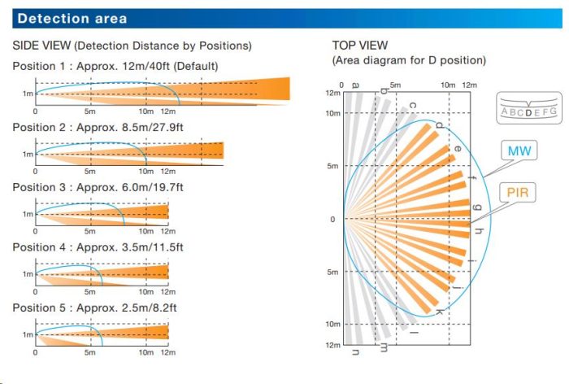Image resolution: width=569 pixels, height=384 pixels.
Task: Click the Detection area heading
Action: (x=72, y=18)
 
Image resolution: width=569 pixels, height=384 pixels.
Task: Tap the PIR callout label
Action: (x=517, y=193)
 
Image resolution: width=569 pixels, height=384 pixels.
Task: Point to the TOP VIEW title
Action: (x=360, y=46)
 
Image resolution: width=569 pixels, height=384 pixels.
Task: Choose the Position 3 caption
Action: (x=98, y=186)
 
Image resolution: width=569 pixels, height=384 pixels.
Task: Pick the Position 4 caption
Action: (x=98, y=247)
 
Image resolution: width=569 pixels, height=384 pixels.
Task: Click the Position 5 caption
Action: (x=95, y=307)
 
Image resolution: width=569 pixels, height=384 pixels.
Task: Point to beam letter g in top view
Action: (x=478, y=209)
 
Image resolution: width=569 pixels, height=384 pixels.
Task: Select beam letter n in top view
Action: (x=355, y=351)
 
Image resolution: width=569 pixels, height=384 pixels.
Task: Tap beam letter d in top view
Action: (x=440, y=124)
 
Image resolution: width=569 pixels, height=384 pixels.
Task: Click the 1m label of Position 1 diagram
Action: (x=27, y=94)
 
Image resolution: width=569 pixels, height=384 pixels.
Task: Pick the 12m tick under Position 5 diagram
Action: (x=167, y=351)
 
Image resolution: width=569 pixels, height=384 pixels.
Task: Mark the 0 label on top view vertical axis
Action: (x=331, y=219)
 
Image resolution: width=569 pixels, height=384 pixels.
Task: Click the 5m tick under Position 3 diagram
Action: (x=89, y=231)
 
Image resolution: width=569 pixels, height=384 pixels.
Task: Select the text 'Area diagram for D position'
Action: (x=409, y=61)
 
